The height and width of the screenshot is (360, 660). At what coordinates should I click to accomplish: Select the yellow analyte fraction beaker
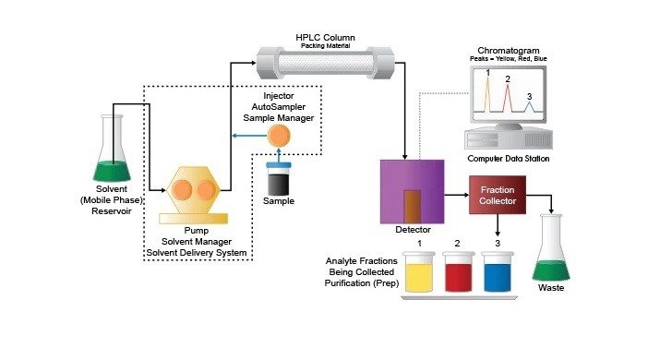(419, 276)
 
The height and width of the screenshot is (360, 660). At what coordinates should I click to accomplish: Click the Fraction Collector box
(498, 196)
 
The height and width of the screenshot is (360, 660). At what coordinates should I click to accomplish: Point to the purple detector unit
(411, 189)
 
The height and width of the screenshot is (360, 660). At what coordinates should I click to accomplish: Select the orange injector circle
(278, 136)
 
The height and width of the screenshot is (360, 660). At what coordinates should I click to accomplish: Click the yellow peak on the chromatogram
(488, 92)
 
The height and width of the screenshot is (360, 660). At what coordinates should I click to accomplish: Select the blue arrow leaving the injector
(246, 137)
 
